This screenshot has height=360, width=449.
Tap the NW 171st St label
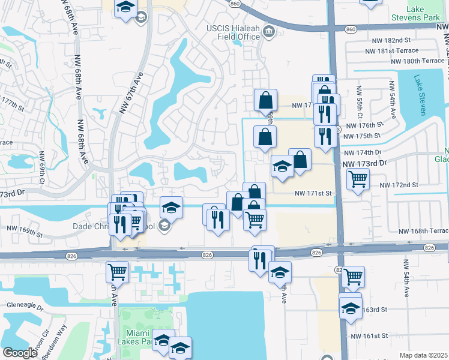coord(313,193)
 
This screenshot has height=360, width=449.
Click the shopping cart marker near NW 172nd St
coord(358,178)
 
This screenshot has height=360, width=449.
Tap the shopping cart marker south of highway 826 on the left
coord(117,271)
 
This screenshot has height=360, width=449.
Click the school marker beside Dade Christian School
coord(171,208)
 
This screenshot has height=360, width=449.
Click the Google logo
coord(20,353)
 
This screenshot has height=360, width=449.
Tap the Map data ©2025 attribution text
coord(423,355)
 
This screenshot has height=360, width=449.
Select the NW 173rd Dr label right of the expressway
coord(366,163)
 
